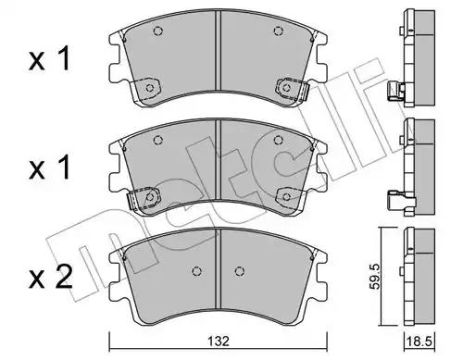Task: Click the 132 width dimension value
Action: (219, 341)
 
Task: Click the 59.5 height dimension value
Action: (375, 277)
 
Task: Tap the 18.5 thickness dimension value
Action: (420, 341)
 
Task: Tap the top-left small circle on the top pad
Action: (158, 31)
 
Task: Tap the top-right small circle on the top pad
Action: (279, 31)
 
